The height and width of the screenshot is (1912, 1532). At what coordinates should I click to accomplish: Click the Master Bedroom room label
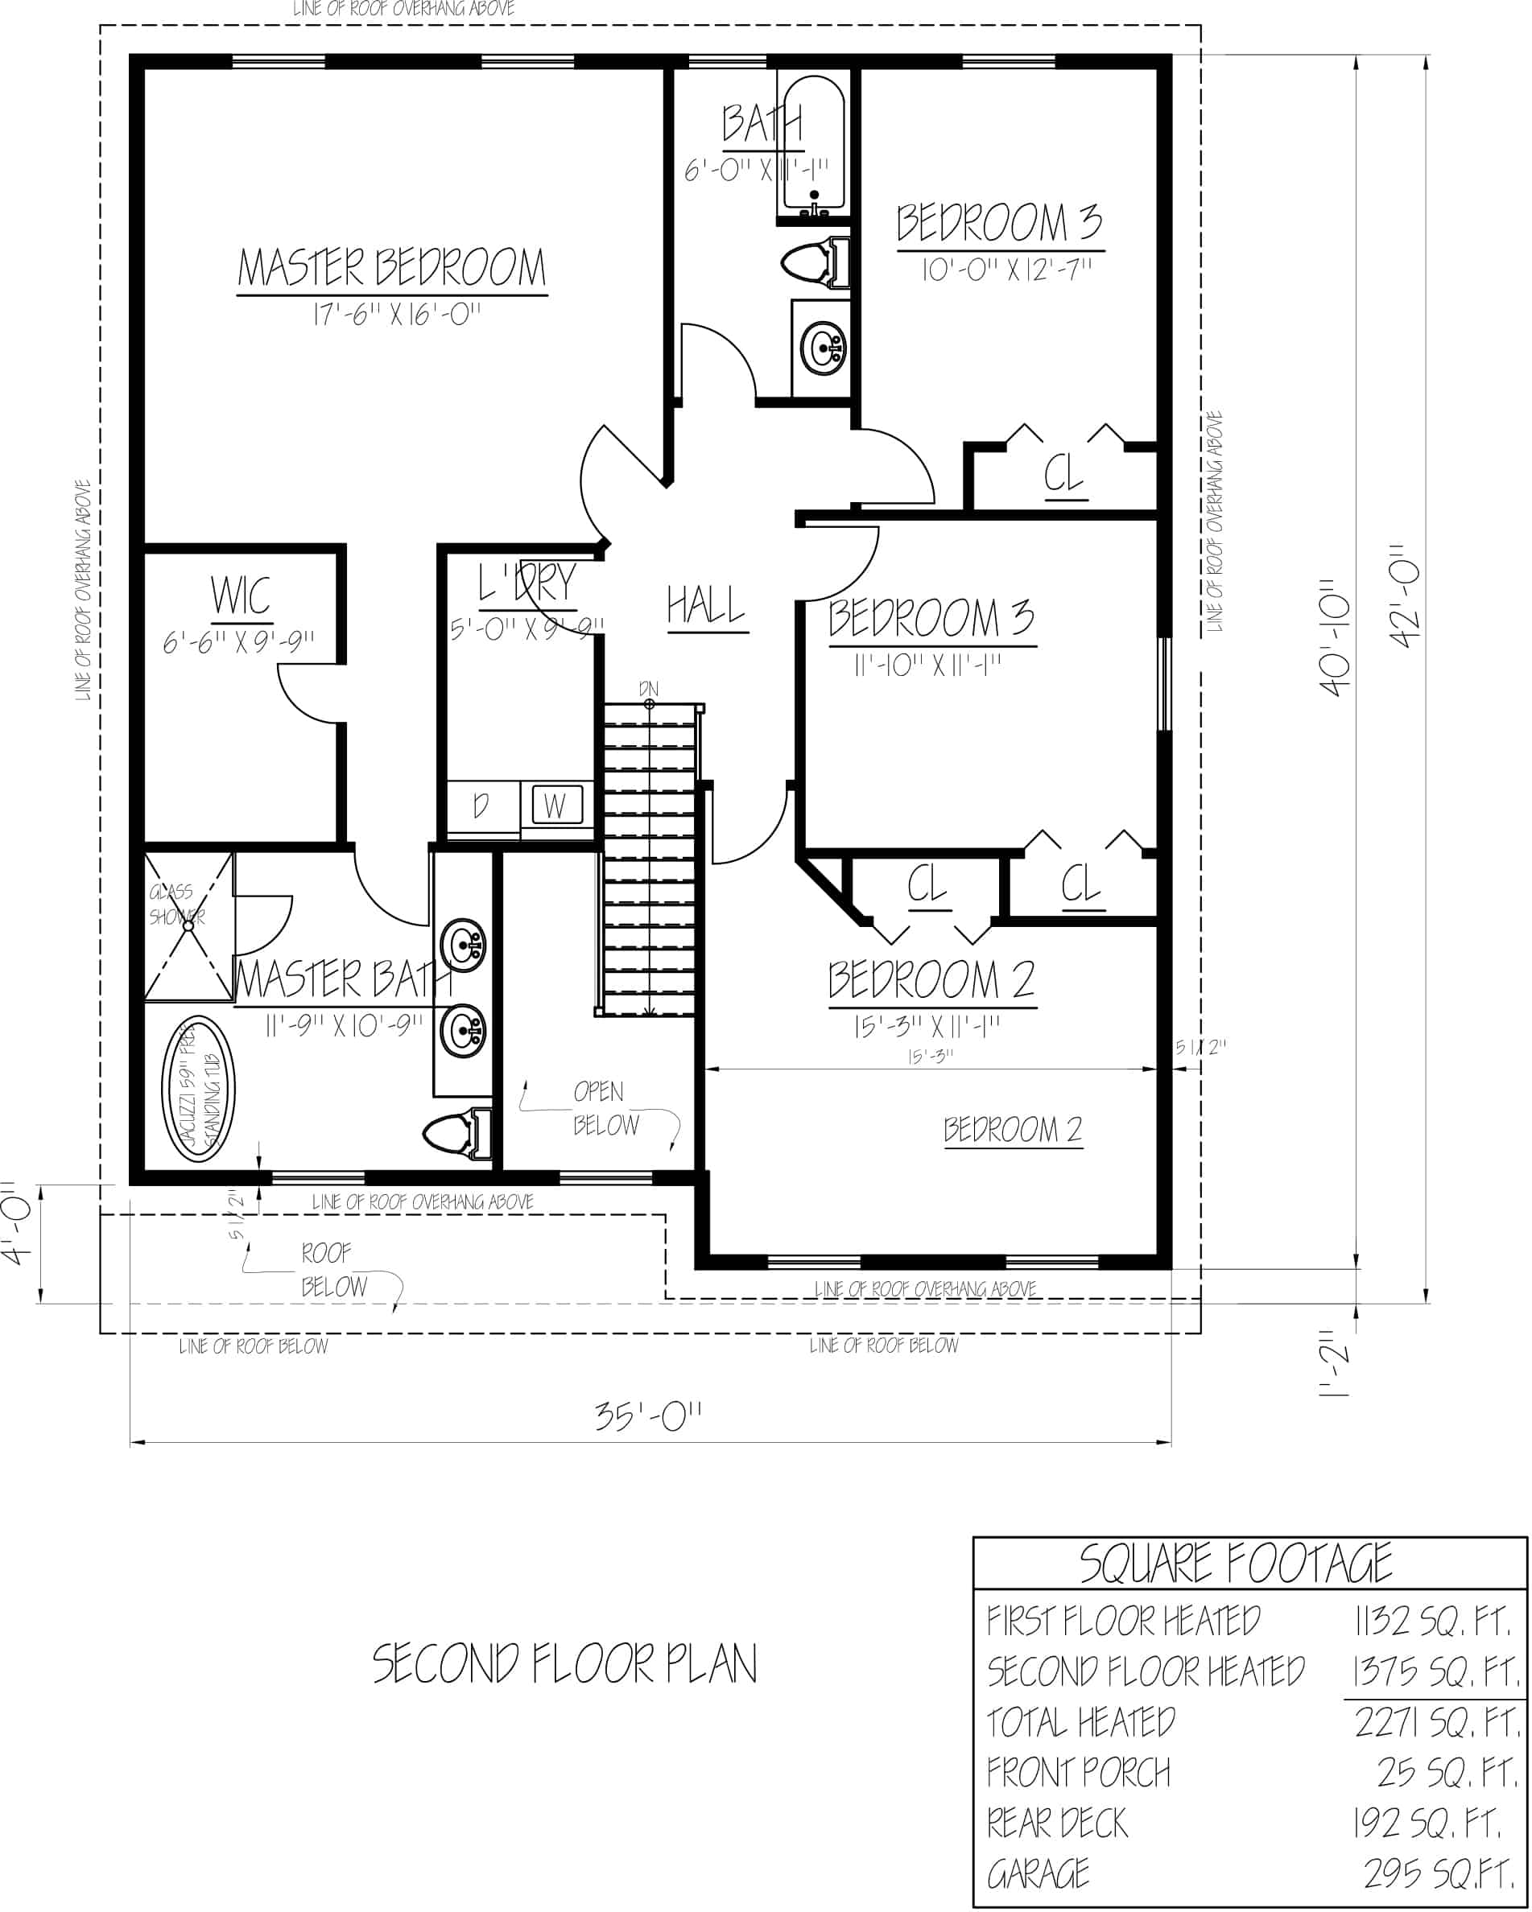[391, 267]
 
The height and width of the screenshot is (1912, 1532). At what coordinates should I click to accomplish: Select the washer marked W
[556, 806]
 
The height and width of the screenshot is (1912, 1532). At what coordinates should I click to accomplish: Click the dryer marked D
[481, 806]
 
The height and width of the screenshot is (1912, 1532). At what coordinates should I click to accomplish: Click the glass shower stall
[188, 927]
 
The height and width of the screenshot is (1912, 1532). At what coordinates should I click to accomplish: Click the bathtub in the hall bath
[813, 142]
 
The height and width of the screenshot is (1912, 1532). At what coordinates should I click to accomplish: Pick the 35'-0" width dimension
[647, 1416]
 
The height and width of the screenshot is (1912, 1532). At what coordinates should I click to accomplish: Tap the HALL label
[706, 607]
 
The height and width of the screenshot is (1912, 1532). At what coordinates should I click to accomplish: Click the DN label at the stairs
[648, 689]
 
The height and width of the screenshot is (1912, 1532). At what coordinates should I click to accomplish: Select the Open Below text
[604, 1109]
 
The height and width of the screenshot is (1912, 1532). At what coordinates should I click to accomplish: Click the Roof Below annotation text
[332, 1270]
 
